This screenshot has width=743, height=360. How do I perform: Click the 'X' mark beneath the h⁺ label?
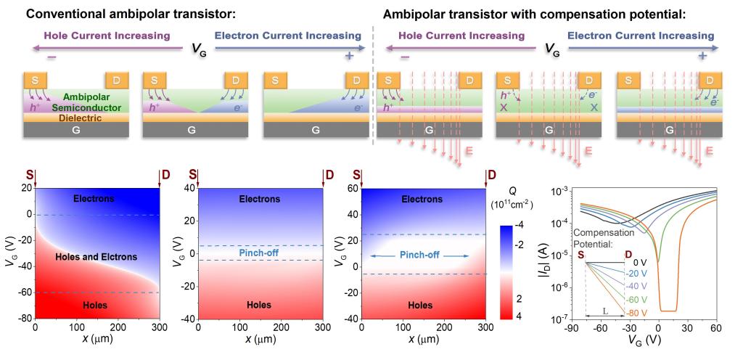click(504, 107)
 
